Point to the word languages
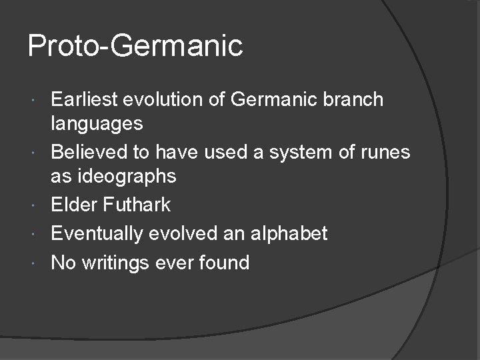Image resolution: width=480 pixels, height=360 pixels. coord(97,123)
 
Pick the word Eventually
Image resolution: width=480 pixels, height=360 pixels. coord(97,233)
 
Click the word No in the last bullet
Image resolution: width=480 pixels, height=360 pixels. coord(63,263)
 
